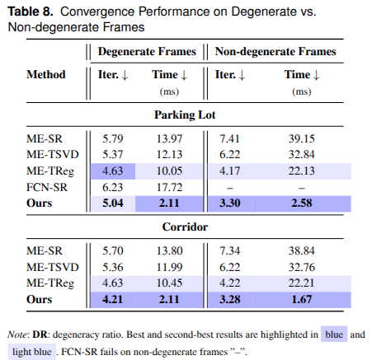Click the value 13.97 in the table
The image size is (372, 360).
169,138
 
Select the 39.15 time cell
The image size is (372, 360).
301,138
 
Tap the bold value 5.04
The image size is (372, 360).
113,203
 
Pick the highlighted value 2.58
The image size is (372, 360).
302,203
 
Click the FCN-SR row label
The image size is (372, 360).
47,187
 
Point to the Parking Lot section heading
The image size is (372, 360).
185,115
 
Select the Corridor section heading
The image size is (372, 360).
185,227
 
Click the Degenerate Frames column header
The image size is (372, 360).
147,52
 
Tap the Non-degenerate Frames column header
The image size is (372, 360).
275,52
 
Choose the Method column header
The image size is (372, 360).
46,74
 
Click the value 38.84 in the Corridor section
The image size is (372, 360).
301,250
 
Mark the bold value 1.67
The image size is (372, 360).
302,299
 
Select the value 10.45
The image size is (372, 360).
169,283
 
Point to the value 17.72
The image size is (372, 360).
169,187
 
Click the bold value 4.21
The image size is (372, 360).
113,299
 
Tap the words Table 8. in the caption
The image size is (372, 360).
31,12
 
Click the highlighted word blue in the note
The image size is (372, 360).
334,334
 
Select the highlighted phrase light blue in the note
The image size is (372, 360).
32,352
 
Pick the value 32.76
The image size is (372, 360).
301,267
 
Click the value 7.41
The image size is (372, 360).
229,138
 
